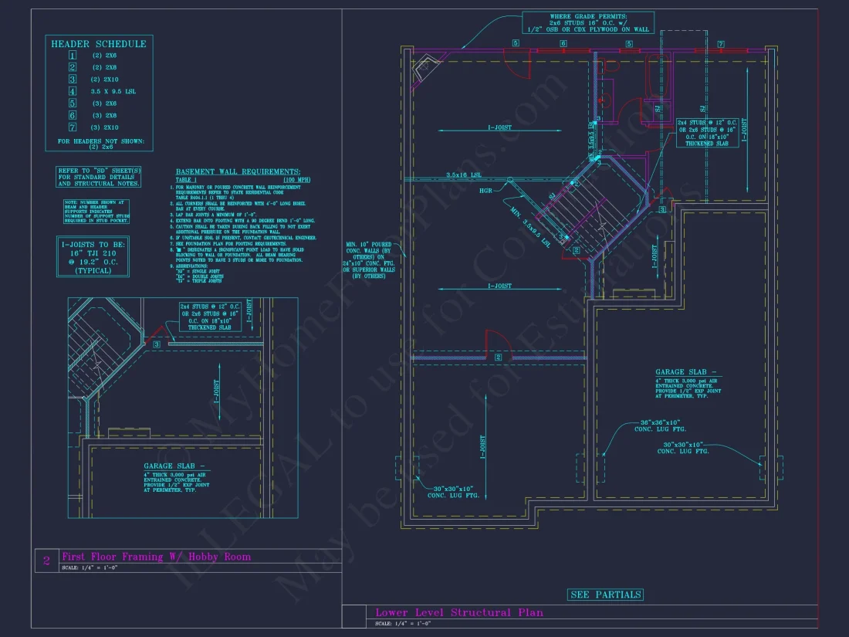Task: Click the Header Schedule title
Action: click(98, 44)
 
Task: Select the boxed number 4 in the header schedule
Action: click(73, 91)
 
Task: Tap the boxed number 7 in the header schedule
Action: click(73, 127)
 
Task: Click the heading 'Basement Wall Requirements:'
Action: click(238, 171)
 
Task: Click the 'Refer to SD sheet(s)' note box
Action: click(98, 177)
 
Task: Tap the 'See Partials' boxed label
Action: click(605, 595)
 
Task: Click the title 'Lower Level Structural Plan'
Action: click(458, 612)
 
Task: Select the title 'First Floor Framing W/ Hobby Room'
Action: click(156, 557)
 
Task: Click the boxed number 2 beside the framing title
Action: click(46, 561)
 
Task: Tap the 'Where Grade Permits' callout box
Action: click(588, 22)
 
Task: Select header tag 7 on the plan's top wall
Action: click(721, 43)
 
